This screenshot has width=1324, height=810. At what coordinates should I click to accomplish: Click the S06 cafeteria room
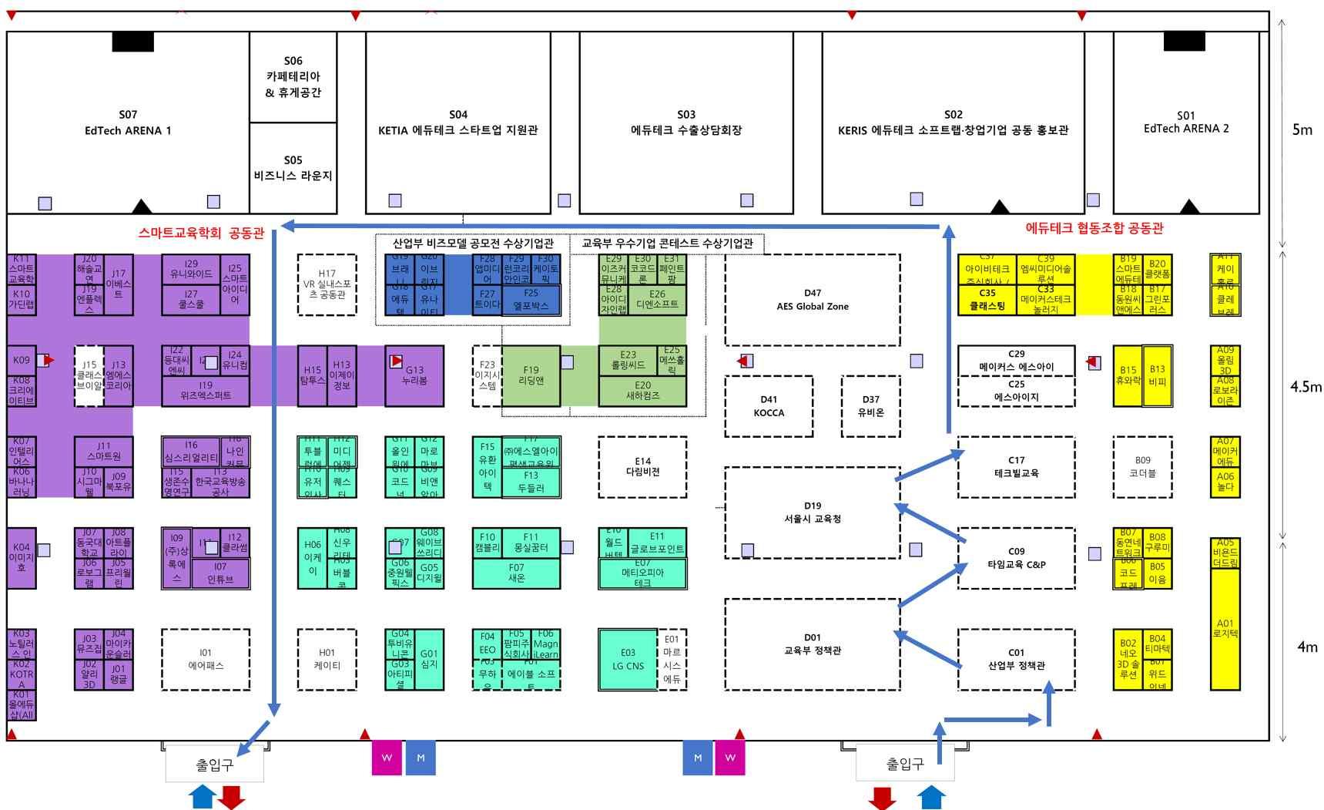pyautogui.click(x=293, y=77)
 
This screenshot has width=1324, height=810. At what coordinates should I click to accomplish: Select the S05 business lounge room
pyautogui.click(x=293, y=168)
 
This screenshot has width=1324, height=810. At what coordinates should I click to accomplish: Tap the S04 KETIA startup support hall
pyautogui.click(x=458, y=123)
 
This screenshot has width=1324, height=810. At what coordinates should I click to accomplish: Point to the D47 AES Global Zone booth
pyautogui.click(x=812, y=300)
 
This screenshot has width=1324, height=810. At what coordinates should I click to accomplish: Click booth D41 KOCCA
pyautogui.click(x=769, y=406)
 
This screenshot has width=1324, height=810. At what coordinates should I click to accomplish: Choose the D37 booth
pyautogui.click(x=870, y=406)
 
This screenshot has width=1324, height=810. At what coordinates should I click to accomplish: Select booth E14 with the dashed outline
pyautogui.click(x=642, y=466)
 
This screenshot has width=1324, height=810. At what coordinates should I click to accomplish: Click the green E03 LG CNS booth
pyautogui.click(x=628, y=660)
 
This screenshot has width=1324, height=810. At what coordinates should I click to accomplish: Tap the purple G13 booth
pyautogui.click(x=414, y=375)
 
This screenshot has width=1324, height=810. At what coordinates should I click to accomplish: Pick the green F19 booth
pyautogui.click(x=531, y=375)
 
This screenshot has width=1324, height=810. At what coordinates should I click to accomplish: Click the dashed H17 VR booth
pyautogui.click(x=327, y=284)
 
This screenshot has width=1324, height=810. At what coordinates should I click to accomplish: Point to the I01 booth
pyautogui.click(x=205, y=659)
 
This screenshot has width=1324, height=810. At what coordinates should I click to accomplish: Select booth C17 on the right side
pyautogui.click(x=1016, y=466)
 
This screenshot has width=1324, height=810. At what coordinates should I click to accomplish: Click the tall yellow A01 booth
pyautogui.click(x=1225, y=628)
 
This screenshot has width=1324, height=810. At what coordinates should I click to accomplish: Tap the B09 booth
pyautogui.click(x=1142, y=466)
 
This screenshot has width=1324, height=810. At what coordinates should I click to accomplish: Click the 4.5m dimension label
pyautogui.click(x=1306, y=386)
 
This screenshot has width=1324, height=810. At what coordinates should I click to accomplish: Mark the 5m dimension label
pyautogui.click(x=1302, y=129)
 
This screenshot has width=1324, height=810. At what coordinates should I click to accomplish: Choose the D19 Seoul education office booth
pyautogui.click(x=812, y=512)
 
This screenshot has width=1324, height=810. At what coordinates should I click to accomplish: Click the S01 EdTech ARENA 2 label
pyautogui.click(x=1185, y=123)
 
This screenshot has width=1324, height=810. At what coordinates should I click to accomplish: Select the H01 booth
pyautogui.click(x=327, y=659)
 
